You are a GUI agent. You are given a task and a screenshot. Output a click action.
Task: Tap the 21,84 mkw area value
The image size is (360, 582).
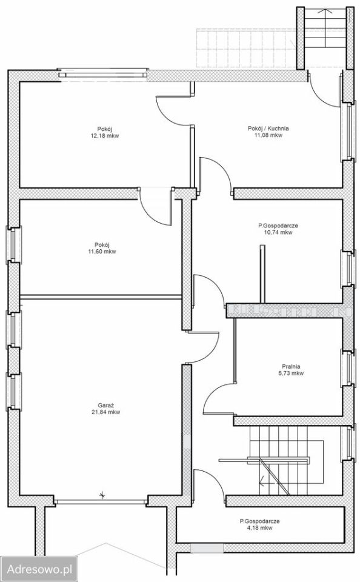(106, 412)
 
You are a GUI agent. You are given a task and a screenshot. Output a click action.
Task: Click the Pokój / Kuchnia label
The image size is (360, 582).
(268, 129)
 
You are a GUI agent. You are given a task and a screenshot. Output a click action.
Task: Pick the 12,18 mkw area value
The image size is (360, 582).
(105, 135)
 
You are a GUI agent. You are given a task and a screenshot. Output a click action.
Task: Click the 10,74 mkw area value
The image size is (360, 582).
(278, 232)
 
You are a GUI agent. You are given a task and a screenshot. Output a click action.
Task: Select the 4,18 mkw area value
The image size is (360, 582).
(260, 527)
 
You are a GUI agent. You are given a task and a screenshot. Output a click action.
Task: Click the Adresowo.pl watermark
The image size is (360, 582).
(39, 569)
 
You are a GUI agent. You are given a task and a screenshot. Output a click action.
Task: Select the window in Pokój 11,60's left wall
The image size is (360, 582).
(13, 244)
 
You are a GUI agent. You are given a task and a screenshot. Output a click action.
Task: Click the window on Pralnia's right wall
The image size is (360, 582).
(348, 368)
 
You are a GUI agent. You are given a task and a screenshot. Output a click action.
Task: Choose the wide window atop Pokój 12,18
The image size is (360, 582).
(103, 73)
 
